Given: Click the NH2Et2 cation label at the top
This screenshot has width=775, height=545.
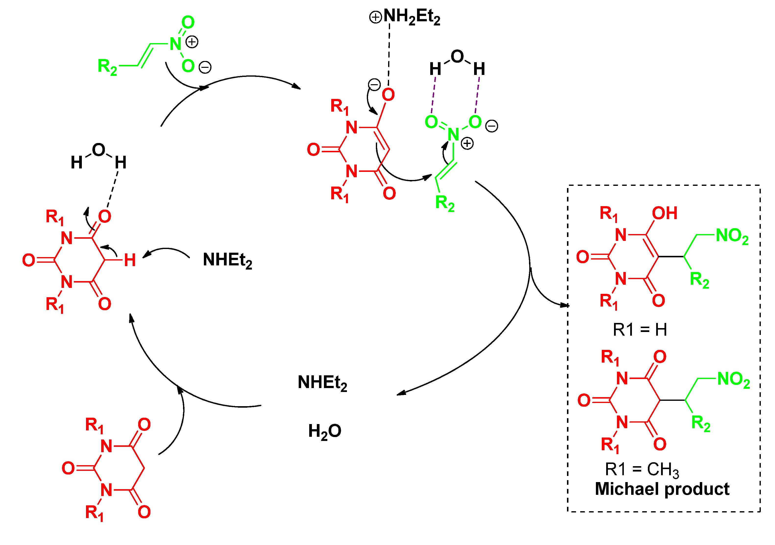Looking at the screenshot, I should tap(405, 17).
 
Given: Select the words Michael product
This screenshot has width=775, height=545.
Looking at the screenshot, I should tap(662, 489).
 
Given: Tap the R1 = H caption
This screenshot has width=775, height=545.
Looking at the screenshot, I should tap(640, 330).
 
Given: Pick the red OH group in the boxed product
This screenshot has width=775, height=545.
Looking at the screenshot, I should tap(664, 213).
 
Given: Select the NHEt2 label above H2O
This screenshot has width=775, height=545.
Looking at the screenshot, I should tap(322, 383).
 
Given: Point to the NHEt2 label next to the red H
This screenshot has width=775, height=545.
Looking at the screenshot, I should tap(227, 260).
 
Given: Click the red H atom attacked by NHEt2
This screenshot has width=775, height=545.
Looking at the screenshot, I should tap(130, 260).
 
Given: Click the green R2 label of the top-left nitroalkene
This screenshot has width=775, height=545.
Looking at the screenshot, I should tap(107, 66).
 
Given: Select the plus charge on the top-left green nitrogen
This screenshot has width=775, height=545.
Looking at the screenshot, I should tap(192, 42).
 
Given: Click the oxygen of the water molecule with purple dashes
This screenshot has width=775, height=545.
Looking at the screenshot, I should tap(457, 56).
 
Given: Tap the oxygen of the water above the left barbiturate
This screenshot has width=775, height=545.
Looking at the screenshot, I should tap(98, 150).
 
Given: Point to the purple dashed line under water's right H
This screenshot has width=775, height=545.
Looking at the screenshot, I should tap(477, 95).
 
